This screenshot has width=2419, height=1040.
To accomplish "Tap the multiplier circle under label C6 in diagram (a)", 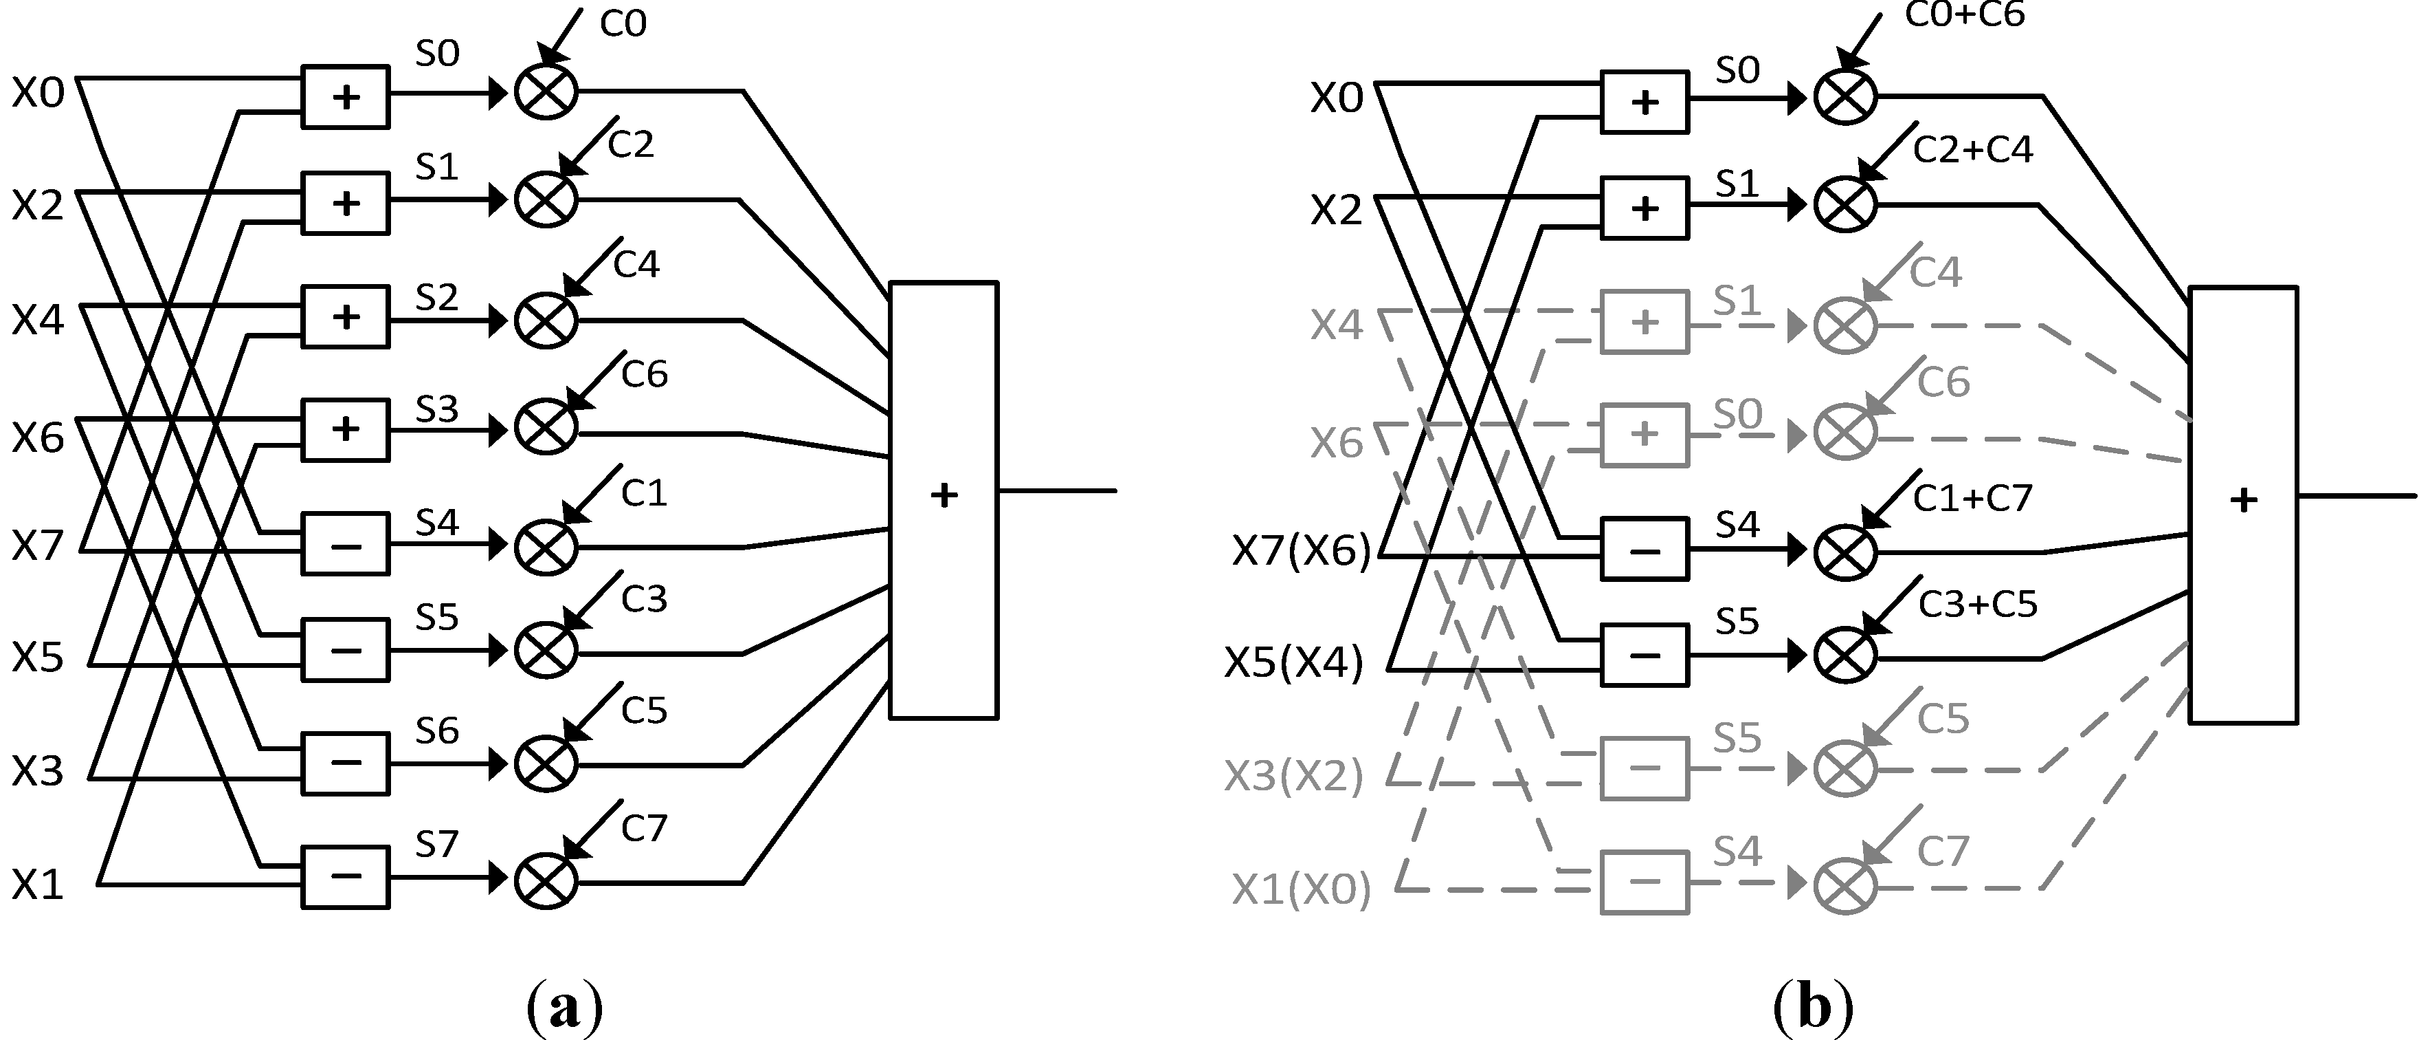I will (x=546, y=427).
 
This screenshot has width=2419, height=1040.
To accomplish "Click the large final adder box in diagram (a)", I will (x=943, y=500).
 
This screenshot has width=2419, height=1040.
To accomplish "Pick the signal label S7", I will (x=436, y=845).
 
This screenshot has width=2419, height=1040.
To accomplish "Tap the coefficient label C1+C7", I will (x=1972, y=498).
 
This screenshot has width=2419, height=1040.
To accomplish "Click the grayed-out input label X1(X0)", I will (x=1301, y=889).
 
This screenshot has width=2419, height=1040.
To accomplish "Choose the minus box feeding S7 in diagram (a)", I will (x=346, y=878).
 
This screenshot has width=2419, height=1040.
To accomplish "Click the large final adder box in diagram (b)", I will (x=2242, y=504).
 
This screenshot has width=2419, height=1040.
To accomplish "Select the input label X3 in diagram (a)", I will (x=38, y=771).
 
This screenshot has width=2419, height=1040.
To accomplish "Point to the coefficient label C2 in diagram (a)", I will (x=630, y=144).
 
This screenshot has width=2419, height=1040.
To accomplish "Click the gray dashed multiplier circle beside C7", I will (x=1844, y=885).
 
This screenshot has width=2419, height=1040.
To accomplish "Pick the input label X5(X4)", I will (x=1294, y=663).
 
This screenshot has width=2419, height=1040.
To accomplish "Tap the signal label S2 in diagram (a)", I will (x=436, y=298).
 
